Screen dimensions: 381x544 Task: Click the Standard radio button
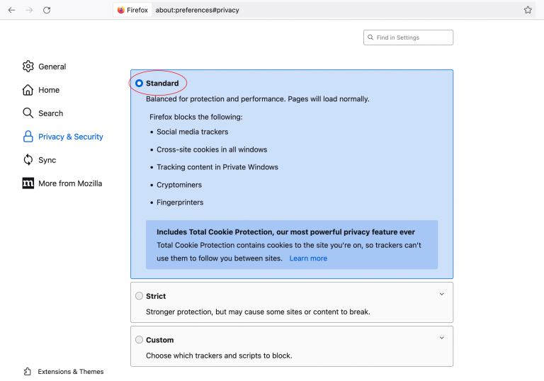point(140,84)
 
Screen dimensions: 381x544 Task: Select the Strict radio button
point(140,296)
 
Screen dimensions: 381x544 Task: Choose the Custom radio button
point(140,340)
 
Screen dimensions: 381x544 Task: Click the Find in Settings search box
point(409,38)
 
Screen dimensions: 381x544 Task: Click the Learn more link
point(308,258)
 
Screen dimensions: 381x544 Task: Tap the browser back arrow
point(11,10)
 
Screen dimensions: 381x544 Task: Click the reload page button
point(47,10)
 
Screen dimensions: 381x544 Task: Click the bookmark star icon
point(528,10)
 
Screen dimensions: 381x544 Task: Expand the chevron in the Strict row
point(441,294)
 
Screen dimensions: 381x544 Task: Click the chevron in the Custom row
point(441,338)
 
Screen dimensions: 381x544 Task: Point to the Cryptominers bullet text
point(179,185)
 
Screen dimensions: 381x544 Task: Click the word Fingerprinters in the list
point(180,203)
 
